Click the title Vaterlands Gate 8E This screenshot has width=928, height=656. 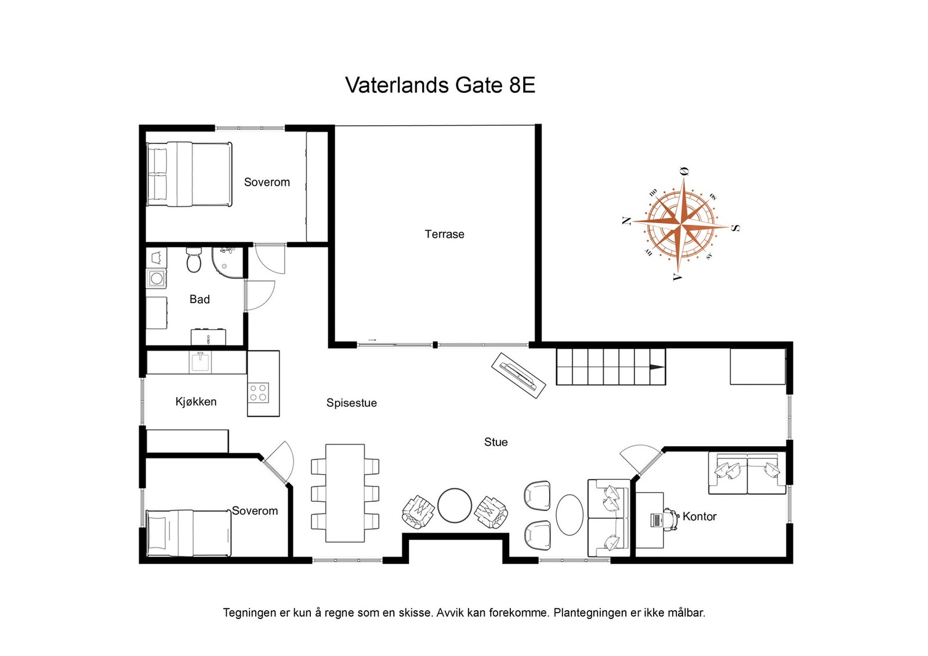coord(440,85)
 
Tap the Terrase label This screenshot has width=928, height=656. coord(444,234)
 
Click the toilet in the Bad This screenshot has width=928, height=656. coord(194,261)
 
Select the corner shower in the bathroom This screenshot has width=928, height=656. coord(227,261)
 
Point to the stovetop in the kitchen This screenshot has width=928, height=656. coord(259,392)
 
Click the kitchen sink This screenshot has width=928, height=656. coord(200,363)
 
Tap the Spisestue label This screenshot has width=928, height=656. coord(351,403)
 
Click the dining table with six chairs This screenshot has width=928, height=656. coord(345,493)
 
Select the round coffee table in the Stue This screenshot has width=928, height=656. coord(455,505)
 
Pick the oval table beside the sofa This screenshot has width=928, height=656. coord(570,515)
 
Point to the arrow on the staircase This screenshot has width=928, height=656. coord(656,367)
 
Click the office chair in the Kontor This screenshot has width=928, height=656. coord(671,519)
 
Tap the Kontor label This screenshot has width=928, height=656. coord(699,516)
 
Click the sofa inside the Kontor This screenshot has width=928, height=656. coord(747,473)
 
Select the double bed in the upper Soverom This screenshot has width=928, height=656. coord(189,174)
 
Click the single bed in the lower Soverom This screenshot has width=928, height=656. coord(188,533)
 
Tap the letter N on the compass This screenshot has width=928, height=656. coord(626,221)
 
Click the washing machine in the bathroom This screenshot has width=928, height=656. coord(156,279)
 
